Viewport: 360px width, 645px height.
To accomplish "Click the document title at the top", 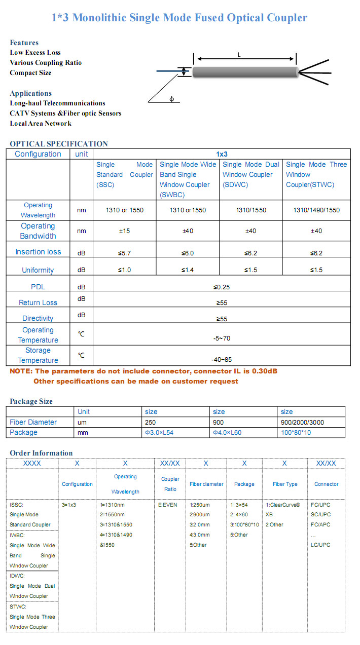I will point(179,18).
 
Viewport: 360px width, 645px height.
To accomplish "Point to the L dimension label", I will point(239,55).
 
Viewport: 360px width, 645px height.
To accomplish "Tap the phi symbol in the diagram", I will point(171,99).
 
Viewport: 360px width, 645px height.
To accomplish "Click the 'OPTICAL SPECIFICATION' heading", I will point(59,144).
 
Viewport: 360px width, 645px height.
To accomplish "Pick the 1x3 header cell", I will point(222,154).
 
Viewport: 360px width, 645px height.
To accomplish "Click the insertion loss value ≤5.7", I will point(124,253).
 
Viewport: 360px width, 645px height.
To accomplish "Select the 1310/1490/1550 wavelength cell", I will point(316,210).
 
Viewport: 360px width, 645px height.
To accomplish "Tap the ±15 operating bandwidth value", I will point(124,231).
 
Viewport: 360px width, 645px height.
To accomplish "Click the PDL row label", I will point(38,287).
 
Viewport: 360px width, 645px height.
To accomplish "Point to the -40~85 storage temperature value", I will point(222,359).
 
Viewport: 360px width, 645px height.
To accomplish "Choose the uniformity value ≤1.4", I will point(188,270).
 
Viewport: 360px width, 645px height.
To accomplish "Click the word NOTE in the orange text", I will point(21,371).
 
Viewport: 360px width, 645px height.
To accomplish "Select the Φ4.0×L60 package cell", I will point(228,432).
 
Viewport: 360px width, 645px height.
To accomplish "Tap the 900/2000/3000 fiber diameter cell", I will point(302,422).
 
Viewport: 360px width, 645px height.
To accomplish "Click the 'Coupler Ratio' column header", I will point(170,484).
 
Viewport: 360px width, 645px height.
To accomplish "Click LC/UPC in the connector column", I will point(320,545).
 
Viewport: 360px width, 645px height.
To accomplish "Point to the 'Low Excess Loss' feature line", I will point(35,53).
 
